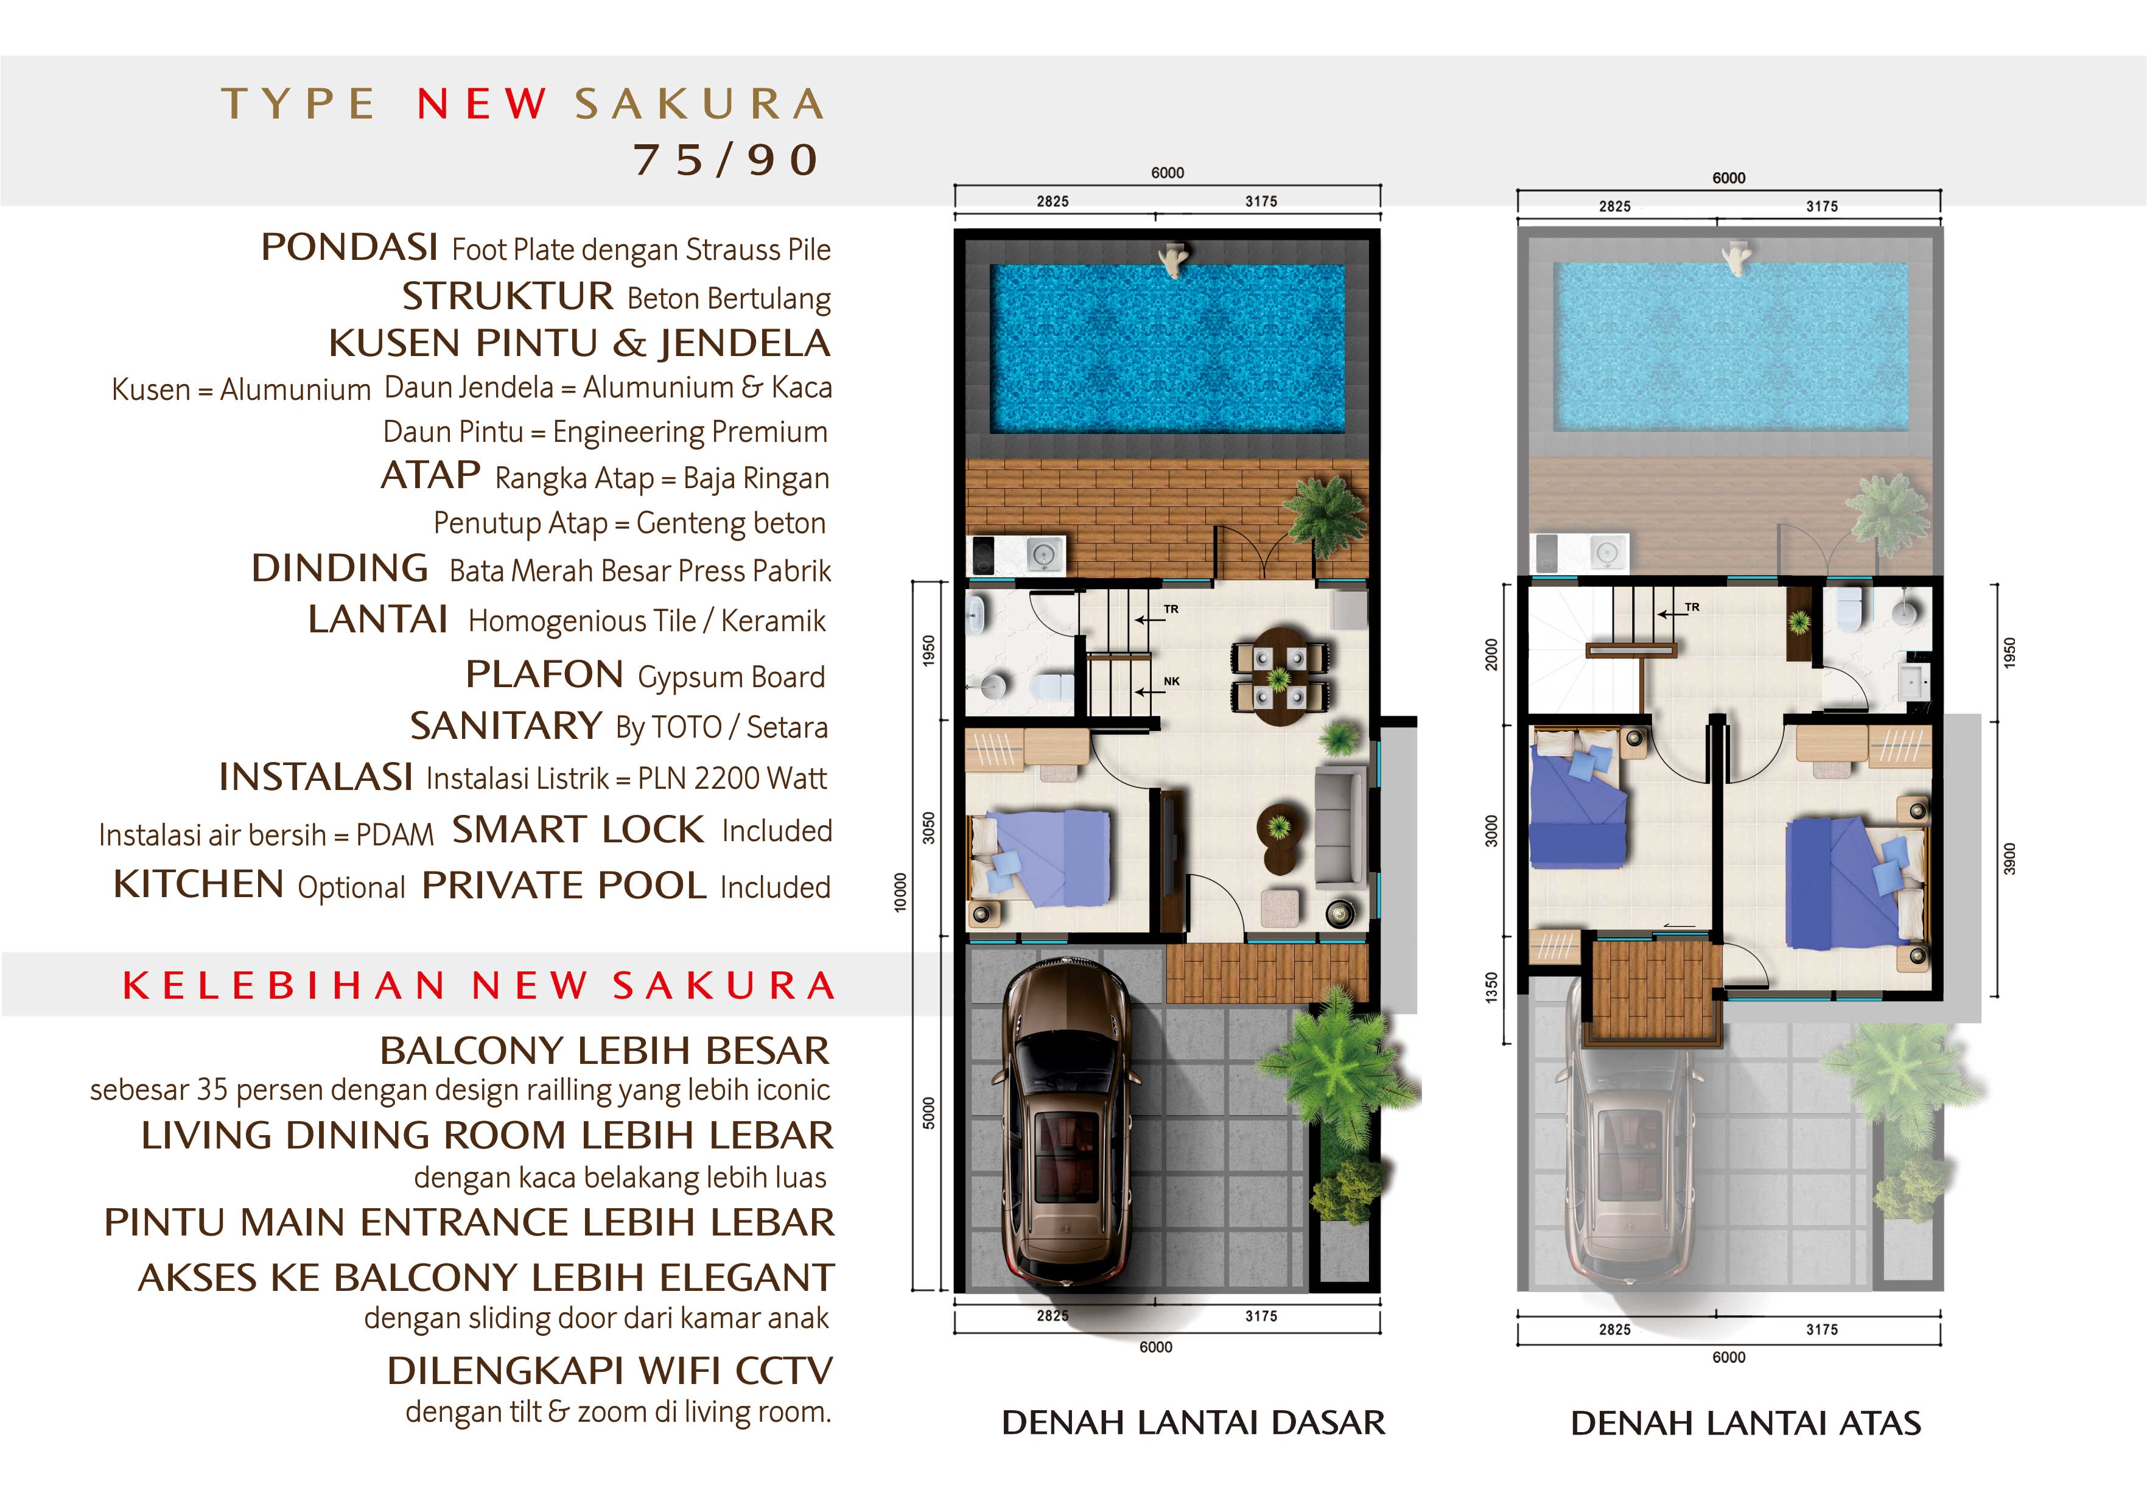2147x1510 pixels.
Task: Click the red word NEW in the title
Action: (x=482, y=104)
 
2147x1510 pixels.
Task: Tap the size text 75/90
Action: (x=727, y=160)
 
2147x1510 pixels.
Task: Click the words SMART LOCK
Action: (x=578, y=830)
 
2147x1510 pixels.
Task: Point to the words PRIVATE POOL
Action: (x=564, y=886)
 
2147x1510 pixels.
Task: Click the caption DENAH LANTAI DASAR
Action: (x=1193, y=1422)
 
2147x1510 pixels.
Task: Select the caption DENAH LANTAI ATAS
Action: (x=1746, y=1423)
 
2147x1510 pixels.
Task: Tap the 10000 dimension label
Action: (x=900, y=892)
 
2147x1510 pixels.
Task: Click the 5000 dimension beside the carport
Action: (x=928, y=1114)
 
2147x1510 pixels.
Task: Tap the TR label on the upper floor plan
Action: (x=1692, y=607)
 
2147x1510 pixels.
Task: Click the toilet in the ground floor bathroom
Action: (x=1052, y=685)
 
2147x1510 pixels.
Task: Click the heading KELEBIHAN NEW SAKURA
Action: (x=479, y=985)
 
